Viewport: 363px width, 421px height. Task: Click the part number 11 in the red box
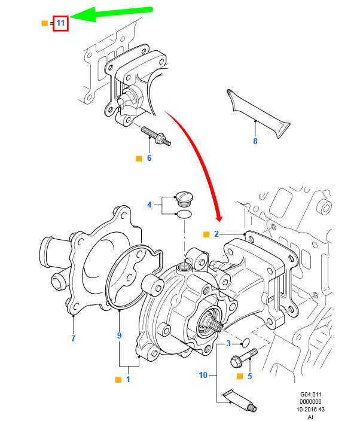click(x=60, y=23)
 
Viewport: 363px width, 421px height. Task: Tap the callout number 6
click(x=149, y=158)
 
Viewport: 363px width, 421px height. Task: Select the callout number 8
click(x=255, y=141)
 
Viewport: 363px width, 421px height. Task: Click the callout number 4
click(x=150, y=205)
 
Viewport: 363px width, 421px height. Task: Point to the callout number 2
click(x=216, y=234)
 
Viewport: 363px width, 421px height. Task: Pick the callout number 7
click(x=74, y=338)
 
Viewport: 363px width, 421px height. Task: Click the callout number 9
click(x=119, y=335)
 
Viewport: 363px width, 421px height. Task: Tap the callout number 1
click(x=128, y=379)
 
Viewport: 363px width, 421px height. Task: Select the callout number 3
click(x=228, y=343)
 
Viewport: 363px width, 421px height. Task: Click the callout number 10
click(x=203, y=375)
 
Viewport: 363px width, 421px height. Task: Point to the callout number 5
click(x=250, y=376)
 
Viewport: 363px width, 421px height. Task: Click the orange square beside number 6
click(x=139, y=158)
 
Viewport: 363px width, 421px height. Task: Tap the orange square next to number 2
click(x=206, y=234)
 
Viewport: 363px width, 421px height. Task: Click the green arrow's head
click(x=72, y=17)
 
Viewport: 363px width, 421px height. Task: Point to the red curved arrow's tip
click(x=220, y=221)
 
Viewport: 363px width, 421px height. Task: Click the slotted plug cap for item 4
click(x=184, y=199)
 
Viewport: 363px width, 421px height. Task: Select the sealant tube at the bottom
click(x=239, y=401)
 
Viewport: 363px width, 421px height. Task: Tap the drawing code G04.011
click(x=310, y=395)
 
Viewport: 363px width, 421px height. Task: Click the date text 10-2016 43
click(x=310, y=410)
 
